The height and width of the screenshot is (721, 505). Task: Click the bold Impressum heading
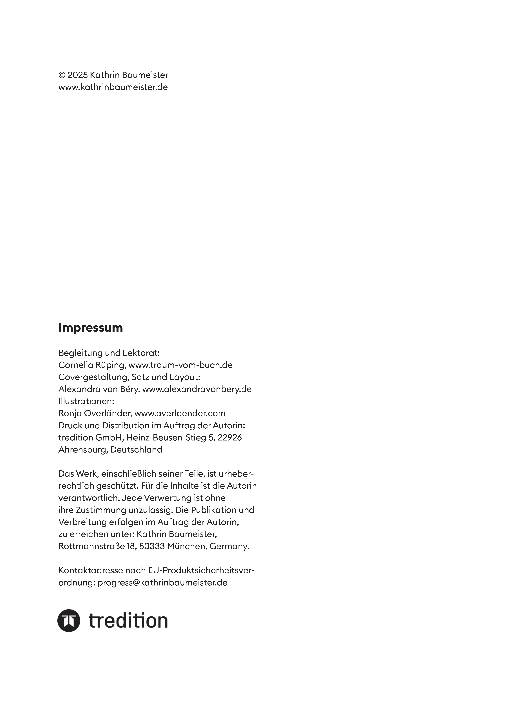(91, 328)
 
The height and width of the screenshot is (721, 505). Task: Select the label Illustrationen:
(86, 401)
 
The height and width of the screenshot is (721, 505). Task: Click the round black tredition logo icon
(69, 621)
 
